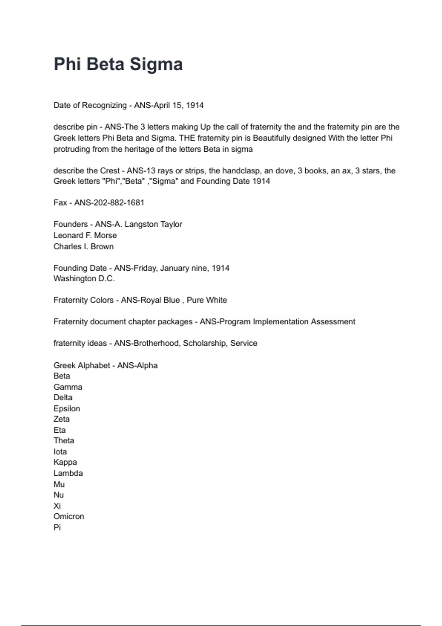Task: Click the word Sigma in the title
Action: [156, 64]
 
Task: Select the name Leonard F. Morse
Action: [85, 235]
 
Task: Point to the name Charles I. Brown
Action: [84, 246]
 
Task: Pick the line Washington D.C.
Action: [84, 279]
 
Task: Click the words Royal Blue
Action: [161, 300]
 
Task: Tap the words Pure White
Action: [207, 300]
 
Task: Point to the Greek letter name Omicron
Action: [69, 516]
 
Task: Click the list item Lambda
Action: [68, 473]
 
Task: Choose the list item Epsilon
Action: [67, 408]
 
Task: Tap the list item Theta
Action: [64, 440]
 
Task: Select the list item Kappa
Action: [65, 462]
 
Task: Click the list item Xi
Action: [57, 506]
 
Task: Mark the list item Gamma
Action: [68, 387]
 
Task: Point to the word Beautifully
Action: [271, 138]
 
